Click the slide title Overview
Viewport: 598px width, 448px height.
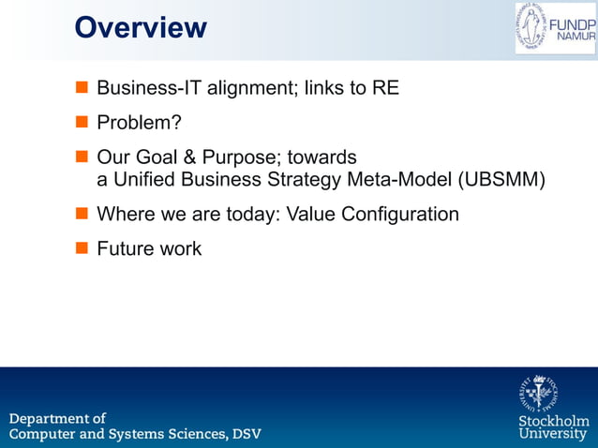click(141, 27)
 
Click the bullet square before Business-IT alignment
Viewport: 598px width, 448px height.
click(82, 89)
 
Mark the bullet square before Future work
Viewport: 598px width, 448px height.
click(82, 249)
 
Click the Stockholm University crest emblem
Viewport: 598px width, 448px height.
click(539, 394)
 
